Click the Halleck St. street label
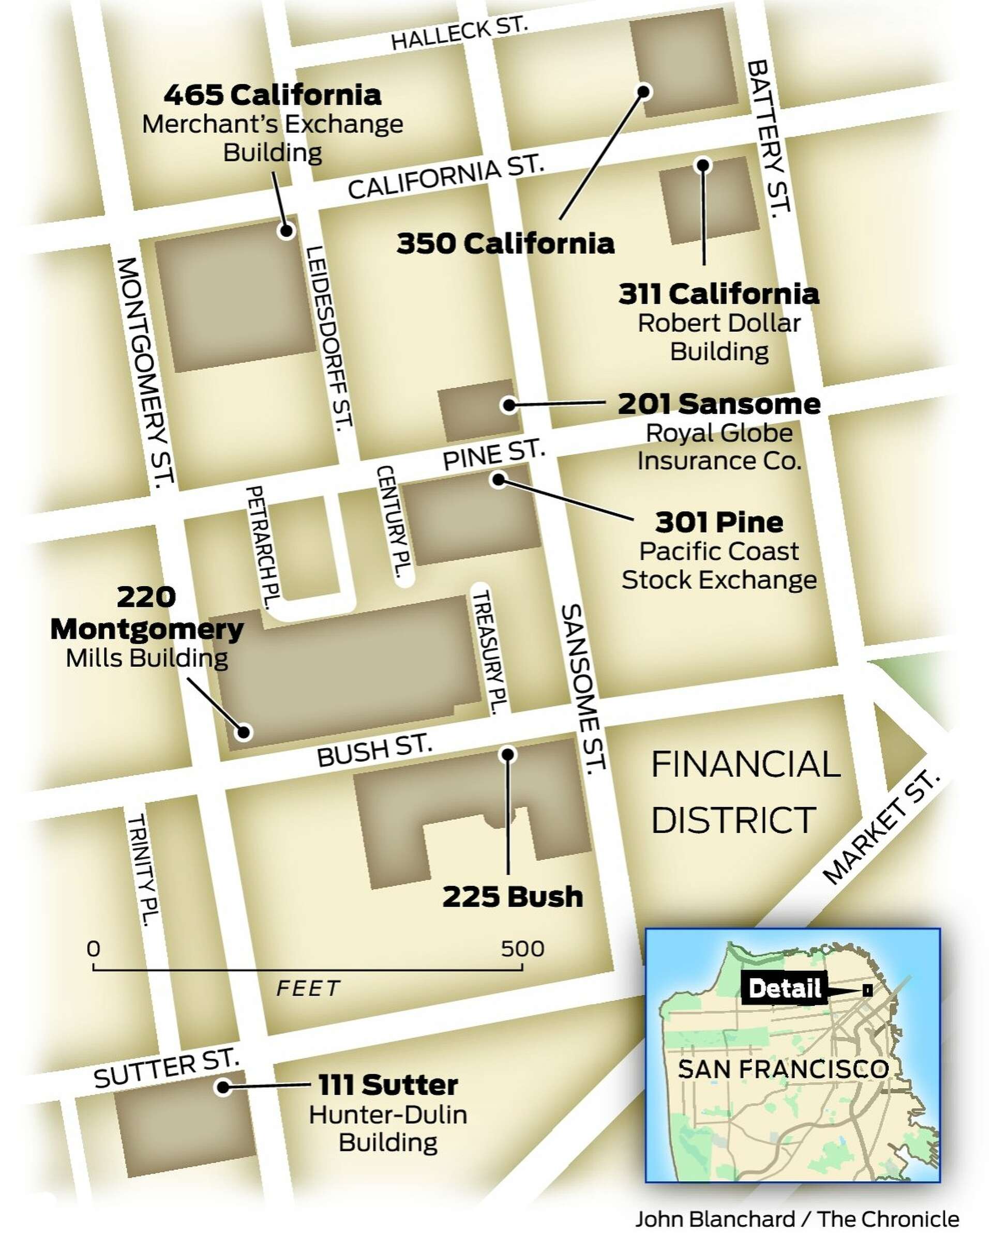(458, 34)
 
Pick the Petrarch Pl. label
(261, 547)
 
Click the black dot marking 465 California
(285, 231)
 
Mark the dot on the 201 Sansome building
(508, 405)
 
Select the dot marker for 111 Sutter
(222, 1087)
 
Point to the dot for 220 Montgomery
(245, 731)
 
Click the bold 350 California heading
(505, 243)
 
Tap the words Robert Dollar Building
(719, 337)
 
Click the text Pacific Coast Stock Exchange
(719, 565)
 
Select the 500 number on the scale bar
(522, 949)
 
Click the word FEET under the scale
(308, 988)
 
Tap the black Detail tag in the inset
(784, 988)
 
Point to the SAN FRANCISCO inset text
(783, 1069)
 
